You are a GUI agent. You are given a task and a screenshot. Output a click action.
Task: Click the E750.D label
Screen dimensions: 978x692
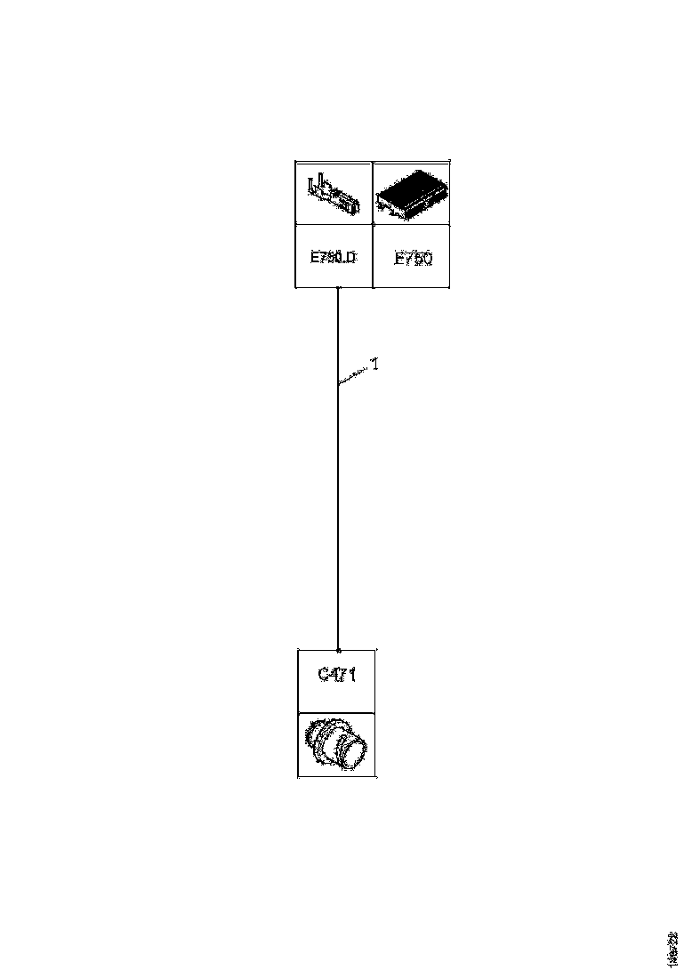click(333, 258)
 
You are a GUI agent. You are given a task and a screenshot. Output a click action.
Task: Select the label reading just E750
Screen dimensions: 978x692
click(413, 260)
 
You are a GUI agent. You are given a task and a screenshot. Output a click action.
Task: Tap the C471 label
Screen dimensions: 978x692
click(337, 675)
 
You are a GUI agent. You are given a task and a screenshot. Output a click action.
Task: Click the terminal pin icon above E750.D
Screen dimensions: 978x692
click(334, 194)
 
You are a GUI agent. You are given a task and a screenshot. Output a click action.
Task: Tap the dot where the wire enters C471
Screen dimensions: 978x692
click(338, 650)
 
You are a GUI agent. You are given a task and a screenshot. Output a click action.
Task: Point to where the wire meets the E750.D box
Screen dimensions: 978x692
click(338, 288)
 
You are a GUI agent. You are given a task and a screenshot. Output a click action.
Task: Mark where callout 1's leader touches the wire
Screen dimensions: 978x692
click(339, 383)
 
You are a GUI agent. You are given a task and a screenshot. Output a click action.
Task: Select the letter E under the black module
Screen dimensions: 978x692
click(398, 260)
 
